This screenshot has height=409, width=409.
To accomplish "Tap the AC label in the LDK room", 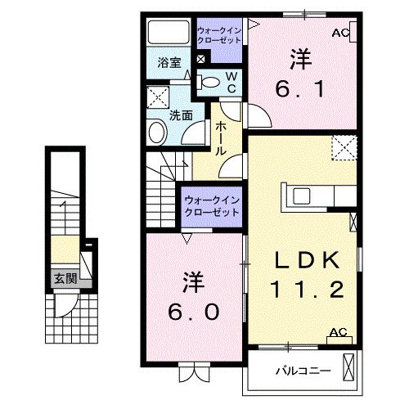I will [x=336, y=332].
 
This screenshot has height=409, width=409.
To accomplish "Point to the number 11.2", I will [x=304, y=289].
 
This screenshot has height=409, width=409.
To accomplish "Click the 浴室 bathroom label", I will [x=168, y=61].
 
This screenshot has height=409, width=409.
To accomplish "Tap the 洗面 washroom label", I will [x=181, y=115].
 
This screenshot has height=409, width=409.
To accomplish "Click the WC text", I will [x=231, y=82].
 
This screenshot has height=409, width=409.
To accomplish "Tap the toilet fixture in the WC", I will [x=209, y=81].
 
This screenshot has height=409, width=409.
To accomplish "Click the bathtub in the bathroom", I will [x=169, y=33].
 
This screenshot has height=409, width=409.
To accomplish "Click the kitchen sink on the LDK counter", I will [x=301, y=196].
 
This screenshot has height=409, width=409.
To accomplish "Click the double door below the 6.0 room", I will [x=193, y=375].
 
